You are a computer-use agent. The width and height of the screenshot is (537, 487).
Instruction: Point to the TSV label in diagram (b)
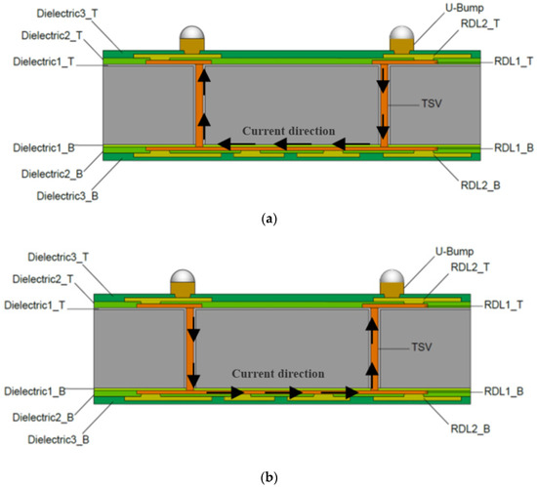[421, 346]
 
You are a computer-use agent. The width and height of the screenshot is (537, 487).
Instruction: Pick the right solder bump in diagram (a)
[401, 39]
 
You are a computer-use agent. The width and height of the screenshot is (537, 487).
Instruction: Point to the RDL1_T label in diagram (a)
[506, 61]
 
